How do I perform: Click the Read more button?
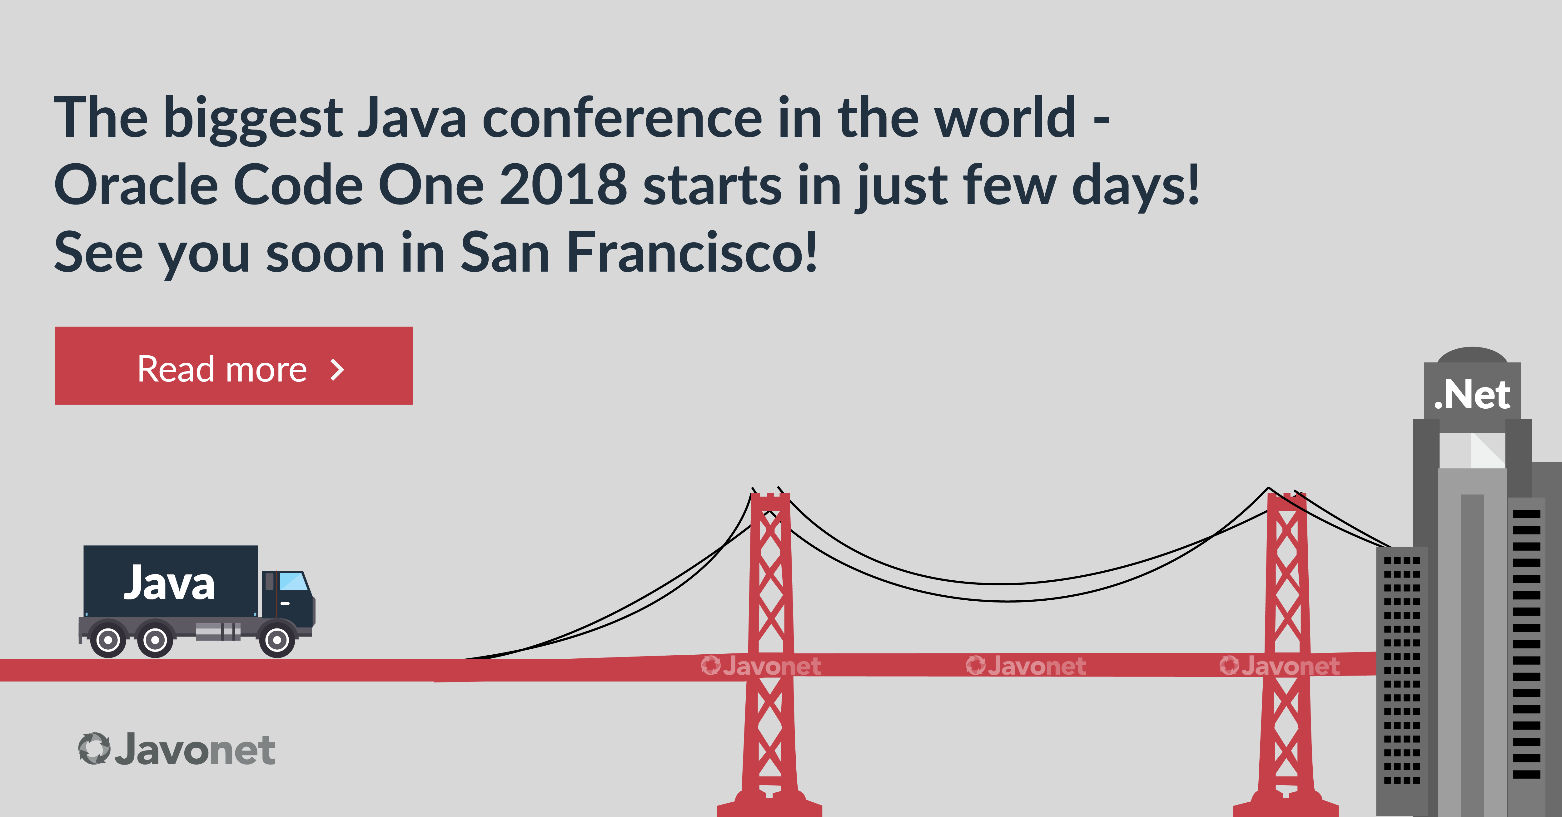pyautogui.click(x=233, y=366)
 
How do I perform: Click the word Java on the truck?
pyautogui.click(x=169, y=583)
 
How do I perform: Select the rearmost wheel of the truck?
pyautogui.click(x=108, y=639)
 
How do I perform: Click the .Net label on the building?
pyautogui.click(x=1472, y=395)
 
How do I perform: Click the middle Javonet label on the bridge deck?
pyautogui.click(x=1025, y=666)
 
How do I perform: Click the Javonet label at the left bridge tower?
pyautogui.click(x=761, y=666)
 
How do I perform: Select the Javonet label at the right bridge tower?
pyautogui.click(x=1279, y=666)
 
